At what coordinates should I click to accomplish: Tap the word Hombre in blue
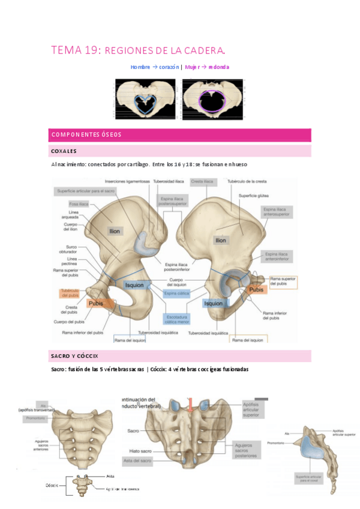click(x=140, y=67)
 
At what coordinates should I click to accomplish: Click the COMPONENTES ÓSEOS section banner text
click(x=86, y=134)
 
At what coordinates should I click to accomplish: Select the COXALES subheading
click(x=64, y=151)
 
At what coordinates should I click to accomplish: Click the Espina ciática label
click(x=177, y=293)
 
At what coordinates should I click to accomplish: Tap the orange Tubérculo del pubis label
click(x=70, y=293)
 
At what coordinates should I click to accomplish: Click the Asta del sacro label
click(x=137, y=461)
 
